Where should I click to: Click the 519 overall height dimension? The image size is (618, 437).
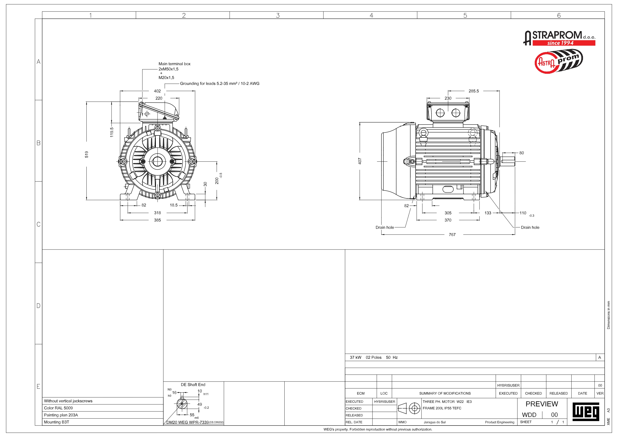point(86,154)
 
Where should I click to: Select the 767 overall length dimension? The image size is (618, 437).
point(452,235)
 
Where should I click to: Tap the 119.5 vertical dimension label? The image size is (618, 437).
point(112,132)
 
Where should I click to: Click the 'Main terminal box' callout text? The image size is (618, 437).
point(174,64)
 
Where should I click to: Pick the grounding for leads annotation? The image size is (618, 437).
point(219,83)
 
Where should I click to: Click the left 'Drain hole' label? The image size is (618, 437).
point(384,227)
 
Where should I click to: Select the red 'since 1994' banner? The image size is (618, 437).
point(564,43)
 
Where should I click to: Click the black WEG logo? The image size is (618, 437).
point(585,411)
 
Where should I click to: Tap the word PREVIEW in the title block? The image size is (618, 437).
point(542,404)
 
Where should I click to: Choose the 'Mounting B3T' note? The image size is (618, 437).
point(57,422)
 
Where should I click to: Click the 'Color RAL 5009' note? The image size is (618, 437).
point(59,408)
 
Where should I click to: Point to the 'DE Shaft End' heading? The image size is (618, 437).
point(193,384)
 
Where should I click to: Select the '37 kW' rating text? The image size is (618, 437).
point(355,357)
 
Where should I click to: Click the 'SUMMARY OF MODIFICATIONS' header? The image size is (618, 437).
point(445,393)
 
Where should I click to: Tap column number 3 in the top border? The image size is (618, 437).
point(278,15)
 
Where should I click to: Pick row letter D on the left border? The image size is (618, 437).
point(39,306)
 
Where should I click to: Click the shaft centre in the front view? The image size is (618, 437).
point(157,162)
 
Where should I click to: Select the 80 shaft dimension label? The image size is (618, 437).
point(521,153)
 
